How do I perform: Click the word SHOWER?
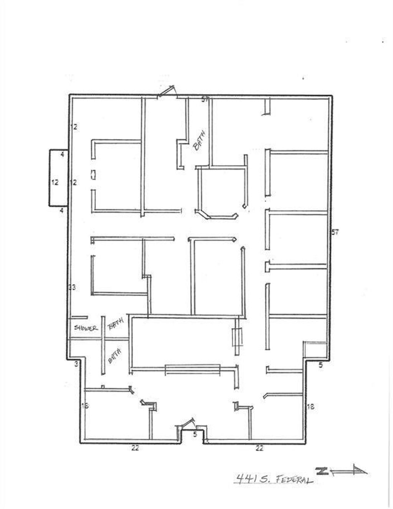(x=86, y=328)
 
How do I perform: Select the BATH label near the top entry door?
(x=199, y=141)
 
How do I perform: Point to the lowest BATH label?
(x=115, y=356)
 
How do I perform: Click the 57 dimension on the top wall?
(x=205, y=100)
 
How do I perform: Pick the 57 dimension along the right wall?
(x=335, y=232)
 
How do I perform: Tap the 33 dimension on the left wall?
(x=72, y=287)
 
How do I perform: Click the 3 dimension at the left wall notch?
(x=76, y=364)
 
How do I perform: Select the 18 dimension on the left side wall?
(x=85, y=405)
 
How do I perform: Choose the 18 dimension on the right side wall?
(x=310, y=407)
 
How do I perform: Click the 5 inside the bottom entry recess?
(x=195, y=434)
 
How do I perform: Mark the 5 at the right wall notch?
(x=321, y=365)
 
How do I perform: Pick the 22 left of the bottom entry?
(x=135, y=448)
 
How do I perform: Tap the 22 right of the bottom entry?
(x=259, y=448)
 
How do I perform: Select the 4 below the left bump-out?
(x=62, y=210)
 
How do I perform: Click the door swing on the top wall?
(x=167, y=92)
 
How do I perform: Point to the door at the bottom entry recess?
(x=188, y=423)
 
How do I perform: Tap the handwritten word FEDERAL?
(x=293, y=480)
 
